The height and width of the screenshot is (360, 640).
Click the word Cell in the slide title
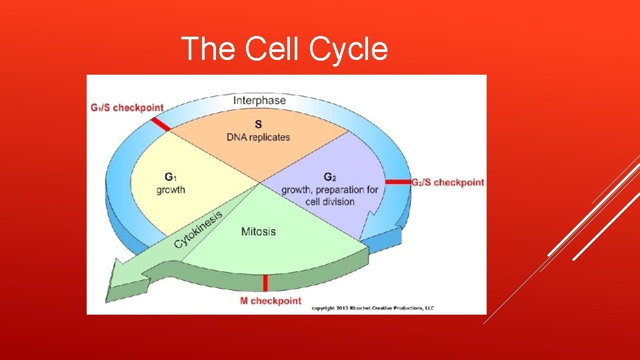[270, 49]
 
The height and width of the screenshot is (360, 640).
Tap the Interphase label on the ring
[259, 101]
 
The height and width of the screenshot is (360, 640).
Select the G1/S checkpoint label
[127, 107]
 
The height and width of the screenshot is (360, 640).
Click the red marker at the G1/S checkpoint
[160, 125]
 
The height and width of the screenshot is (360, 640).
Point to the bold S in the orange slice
[258, 124]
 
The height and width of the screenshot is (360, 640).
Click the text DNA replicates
[258, 137]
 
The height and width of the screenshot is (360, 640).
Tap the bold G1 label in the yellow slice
[171, 177]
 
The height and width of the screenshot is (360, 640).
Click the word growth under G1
[171, 189]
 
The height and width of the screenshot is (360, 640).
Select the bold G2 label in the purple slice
[329, 177]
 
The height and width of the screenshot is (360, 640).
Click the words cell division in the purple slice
[330, 201]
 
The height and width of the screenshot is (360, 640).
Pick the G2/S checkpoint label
[447, 182]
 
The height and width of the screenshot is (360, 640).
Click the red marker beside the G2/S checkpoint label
[398, 181]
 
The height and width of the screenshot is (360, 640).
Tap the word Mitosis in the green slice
[258, 232]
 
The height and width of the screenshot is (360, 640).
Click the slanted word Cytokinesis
[198, 226]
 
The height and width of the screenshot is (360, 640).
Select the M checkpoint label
[270, 301]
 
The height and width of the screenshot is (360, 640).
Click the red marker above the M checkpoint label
[265, 283]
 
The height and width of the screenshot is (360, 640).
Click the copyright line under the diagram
[372, 308]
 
